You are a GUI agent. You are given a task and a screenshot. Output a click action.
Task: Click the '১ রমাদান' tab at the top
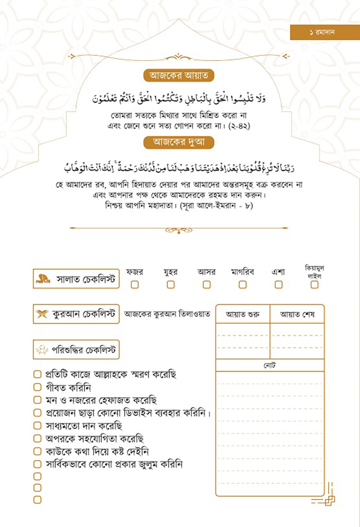click(x=324, y=33)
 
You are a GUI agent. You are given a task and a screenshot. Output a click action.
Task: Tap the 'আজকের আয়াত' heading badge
click(x=178, y=76)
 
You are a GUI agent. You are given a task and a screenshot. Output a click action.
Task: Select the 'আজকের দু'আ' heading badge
click(x=178, y=141)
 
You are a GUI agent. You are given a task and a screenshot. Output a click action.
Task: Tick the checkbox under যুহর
click(x=170, y=285)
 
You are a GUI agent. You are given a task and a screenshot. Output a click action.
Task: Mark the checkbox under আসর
click(x=206, y=285)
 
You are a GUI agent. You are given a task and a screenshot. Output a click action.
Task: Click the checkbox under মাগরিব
click(x=242, y=285)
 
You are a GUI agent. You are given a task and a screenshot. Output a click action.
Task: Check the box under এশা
click(x=278, y=285)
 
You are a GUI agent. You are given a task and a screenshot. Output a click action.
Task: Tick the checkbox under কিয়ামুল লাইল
click(x=314, y=285)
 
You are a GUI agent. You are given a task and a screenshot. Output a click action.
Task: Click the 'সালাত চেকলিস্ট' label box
click(x=76, y=280)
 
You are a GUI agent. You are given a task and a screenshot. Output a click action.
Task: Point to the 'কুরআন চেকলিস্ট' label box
click(x=76, y=314)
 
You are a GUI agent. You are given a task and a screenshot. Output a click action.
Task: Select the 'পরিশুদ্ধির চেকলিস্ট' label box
click(x=76, y=351)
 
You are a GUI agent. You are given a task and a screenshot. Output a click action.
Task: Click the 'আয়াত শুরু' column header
click(x=243, y=314)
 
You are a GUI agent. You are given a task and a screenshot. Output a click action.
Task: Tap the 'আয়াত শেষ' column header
click(x=297, y=314)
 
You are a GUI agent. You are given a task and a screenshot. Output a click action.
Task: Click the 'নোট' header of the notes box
click(x=270, y=366)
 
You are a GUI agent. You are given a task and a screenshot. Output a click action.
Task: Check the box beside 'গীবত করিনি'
click(x=38, y=388)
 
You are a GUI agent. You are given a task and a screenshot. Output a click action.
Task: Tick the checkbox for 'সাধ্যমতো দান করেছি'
click(x=38, y=426)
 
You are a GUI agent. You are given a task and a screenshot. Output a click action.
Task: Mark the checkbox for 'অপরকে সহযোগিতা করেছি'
click(x=38, y=438)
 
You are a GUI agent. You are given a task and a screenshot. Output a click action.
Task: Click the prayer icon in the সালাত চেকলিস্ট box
click(x=43, y=280)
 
